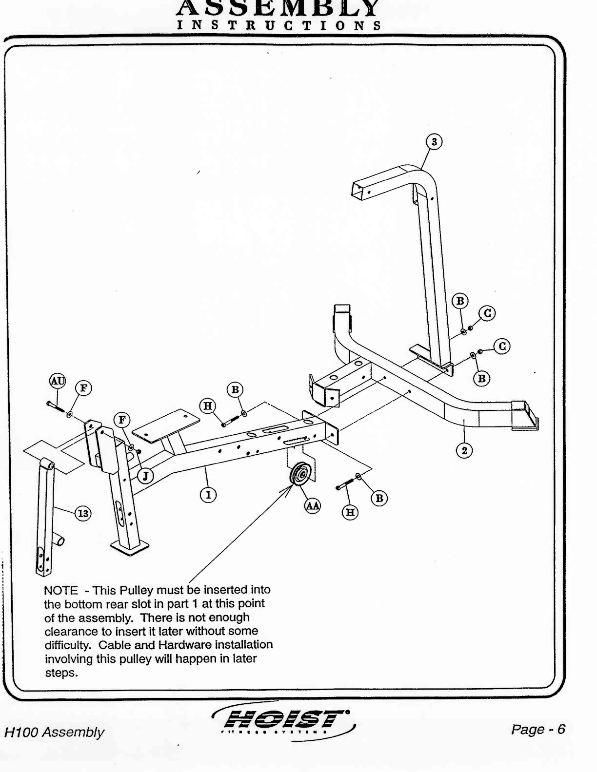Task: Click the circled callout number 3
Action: (434, 142)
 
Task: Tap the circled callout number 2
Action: (464, 451)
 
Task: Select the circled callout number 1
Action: (208, 495)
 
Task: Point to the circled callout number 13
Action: (83, 513)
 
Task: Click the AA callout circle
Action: (313, 506)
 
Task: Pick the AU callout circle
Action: (58, 381)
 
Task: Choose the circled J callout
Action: (145, 475)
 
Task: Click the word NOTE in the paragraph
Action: (60, 591)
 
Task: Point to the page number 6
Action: (561, 729)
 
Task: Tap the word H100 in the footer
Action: (21, 733)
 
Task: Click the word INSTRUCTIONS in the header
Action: (279, 25)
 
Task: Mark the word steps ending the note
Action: (61, 673)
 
